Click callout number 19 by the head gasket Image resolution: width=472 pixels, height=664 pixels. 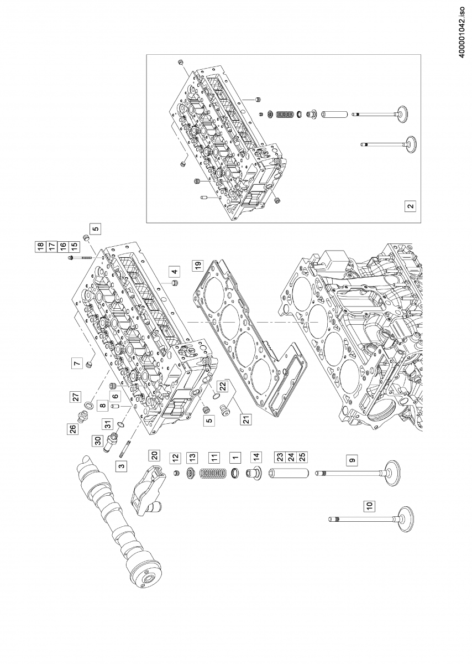[x=196, y=265]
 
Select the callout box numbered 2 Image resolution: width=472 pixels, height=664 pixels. [x=410, y=206]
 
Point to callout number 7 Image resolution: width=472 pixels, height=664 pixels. [x=76, y=364]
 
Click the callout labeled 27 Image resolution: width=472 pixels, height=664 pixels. [x=76, y=397]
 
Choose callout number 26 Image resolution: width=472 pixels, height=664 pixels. [x=72, y=429]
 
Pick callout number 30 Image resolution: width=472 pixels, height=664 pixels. [x=98, y=441]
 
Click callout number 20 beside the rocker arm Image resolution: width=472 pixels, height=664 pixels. [x=155, y=456]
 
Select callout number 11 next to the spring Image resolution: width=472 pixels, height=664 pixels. [x=214, y=458]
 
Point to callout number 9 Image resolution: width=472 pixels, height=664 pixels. [x=350, y=459]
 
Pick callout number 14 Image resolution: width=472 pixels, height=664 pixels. [x=256, y=458]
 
